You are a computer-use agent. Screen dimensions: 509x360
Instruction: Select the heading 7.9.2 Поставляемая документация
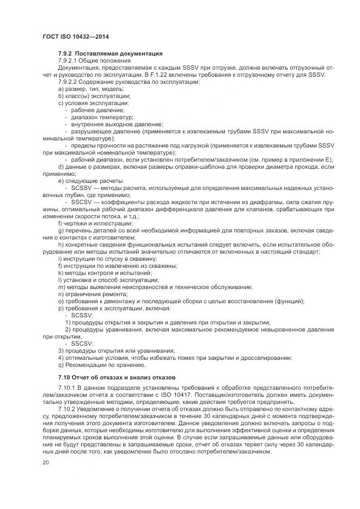tap(109, 53)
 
